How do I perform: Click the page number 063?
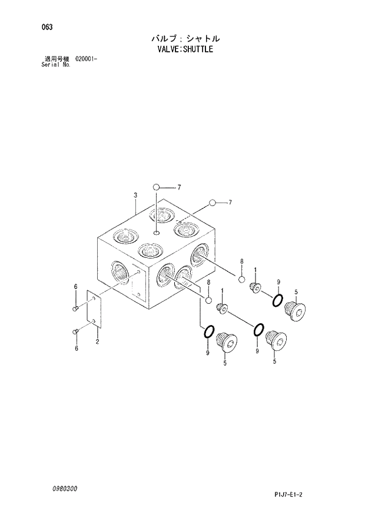coord(40,27)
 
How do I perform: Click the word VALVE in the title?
coord(166,49)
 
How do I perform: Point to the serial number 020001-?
coord(86,59)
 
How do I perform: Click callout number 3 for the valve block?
coord(135,195)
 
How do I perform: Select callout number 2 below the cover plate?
coord(97,341)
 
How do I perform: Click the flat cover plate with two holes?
coord(94,311)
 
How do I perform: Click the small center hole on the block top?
coord(157,234)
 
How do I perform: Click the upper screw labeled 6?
coord(75,307)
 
